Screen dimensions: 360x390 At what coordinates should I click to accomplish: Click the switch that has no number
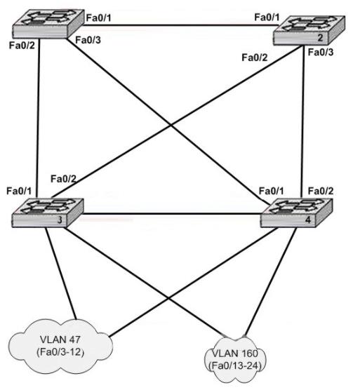click(48, 24)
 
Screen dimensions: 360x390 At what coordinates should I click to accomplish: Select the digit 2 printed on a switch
click(320, 38)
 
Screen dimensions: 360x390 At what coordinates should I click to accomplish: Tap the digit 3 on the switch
click(60, 220)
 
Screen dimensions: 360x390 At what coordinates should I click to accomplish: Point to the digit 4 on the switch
click(308, 220)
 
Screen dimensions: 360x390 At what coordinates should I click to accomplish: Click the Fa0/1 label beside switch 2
click(267, 18)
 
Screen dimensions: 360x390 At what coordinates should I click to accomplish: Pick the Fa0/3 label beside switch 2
click(321, 52)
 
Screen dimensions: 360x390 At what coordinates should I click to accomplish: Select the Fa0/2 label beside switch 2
click(254, 58)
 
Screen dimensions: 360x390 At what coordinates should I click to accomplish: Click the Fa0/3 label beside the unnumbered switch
click(88, 40)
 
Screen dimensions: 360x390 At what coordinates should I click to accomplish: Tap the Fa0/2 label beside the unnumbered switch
click(22, 46)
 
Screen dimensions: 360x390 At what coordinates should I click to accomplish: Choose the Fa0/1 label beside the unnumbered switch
click(98, 18)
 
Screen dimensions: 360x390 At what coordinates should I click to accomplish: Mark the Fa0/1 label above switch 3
click(19, 191)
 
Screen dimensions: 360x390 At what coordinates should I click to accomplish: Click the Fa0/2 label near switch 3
click(63, 179)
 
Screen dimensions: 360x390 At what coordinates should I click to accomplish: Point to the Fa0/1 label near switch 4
click(271, 191)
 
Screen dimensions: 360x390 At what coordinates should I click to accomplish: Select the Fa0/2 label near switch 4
click(321, 191)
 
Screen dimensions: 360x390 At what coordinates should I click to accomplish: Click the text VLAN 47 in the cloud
click(60, 339)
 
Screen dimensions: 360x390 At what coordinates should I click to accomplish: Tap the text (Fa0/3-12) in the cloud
click(60, 352)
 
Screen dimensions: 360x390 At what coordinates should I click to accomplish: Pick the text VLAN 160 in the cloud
click(235, 354)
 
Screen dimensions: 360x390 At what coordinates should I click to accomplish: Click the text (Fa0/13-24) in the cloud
click(235, 365)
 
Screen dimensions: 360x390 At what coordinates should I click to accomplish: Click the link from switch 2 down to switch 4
click(302, 122)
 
